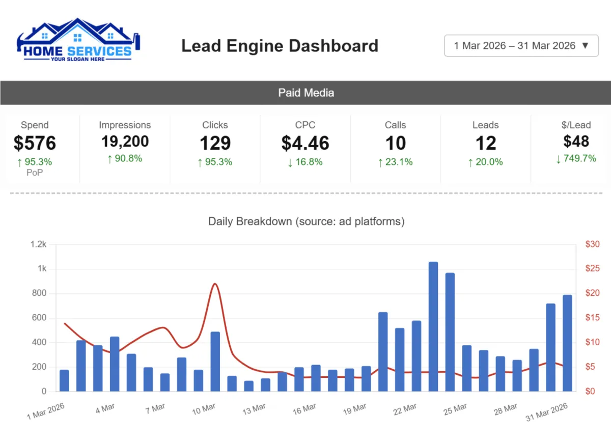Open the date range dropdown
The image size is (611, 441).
pyautogui.click(x=521, y=45)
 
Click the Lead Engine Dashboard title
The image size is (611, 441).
pyautogui.click(x=280, y=46)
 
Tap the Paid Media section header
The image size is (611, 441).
pyautogui.click(x=305, y=93)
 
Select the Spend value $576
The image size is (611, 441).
pyautogui.click(x=35, y=143)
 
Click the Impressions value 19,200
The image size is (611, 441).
pyautogui.click(x=125, y=141)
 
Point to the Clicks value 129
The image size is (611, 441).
pyautogui.click(x=215, y=143)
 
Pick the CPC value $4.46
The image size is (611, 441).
pyautogui.click(x=305, y=143)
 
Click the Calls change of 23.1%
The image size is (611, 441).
pyautogui.click(x=395, y=162)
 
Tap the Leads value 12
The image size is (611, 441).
pyautogui.click(x=485, y=143)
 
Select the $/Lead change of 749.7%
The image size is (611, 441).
pyautogui.click(x=576, y=158)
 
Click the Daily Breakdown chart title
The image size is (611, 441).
pyautogui.click(x=306, y=222)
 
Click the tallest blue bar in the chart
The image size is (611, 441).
pyautogui.click(x=433, y=326)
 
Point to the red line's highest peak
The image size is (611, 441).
pyautogui.click(x=214, y=284)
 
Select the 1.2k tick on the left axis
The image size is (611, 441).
pyautogui.click(x=38, y=244)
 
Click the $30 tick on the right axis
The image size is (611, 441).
pyautogui.click(x=593, y=244)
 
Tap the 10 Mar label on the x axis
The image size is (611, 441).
pyautogui.click(x=203, y=408)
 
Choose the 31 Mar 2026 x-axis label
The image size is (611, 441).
pyautogui.click(x=547, y=411)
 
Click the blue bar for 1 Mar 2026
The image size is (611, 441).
pyautogui.click(x=64, y=380)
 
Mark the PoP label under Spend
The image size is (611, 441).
pyautogui.click(x=35, y=172)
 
